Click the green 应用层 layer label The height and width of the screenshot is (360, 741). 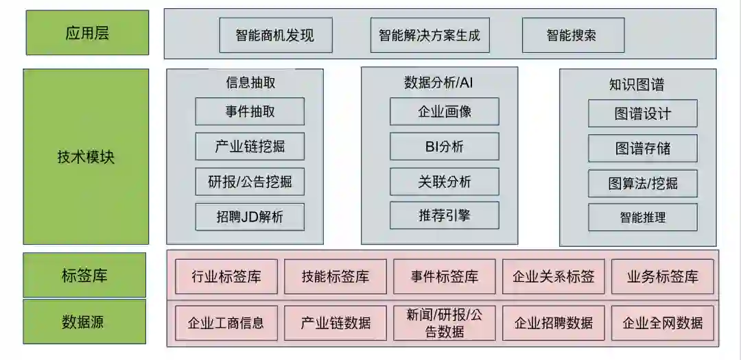87,33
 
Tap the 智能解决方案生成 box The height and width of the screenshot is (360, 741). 430,35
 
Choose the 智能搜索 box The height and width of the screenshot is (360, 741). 573,35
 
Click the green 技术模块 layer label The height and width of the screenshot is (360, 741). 86,156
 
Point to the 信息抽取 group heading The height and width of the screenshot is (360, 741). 250,82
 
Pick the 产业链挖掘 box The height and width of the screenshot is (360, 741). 250,145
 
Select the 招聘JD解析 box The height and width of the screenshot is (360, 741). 250,217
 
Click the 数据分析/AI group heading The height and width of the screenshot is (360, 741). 439,82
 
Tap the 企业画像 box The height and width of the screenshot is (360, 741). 444,111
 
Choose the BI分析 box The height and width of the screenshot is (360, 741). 444,146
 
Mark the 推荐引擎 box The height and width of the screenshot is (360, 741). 444,215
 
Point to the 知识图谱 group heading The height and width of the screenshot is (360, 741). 637,85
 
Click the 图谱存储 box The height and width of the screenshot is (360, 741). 642,148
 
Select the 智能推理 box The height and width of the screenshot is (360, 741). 642,217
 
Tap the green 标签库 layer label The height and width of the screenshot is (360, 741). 84,276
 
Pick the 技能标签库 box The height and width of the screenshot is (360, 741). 336,276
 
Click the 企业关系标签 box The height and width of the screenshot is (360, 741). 554,276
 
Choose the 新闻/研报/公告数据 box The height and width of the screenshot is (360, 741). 444,323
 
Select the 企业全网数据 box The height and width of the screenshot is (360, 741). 662,323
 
